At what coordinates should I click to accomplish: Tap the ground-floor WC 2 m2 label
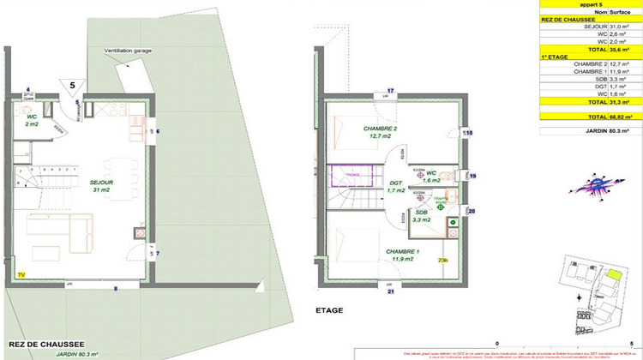32,121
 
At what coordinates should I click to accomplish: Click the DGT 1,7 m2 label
395,186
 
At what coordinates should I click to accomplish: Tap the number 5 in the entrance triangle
72,85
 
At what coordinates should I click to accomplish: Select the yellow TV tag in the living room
21,274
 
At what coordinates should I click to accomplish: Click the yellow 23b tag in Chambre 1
443,261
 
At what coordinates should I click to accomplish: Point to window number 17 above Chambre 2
389,90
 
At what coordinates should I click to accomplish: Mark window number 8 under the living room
117,289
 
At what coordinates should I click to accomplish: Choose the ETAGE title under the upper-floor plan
329,311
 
